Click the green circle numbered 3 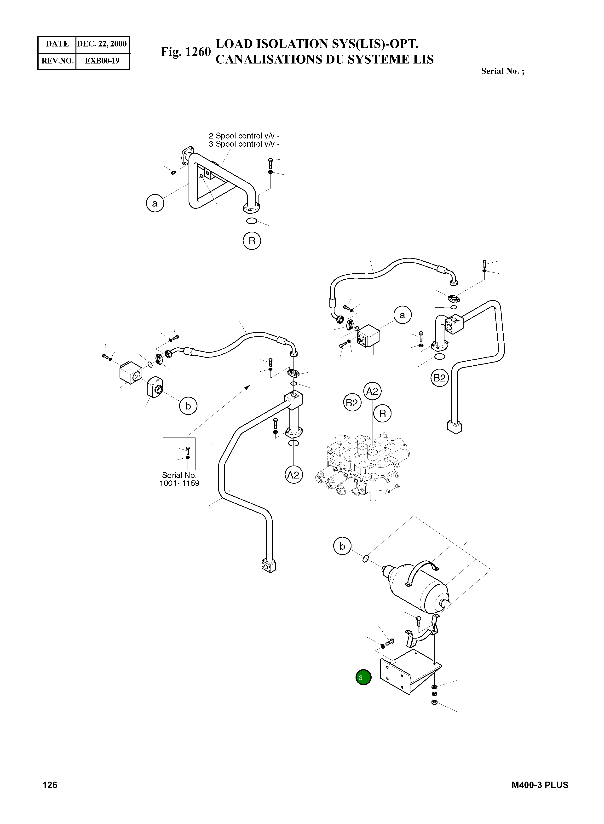click(363, 677)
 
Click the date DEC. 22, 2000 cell click(102, 44)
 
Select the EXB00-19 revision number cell click(102, 61)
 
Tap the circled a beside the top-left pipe click(155, 203)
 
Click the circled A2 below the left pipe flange click(293, 475)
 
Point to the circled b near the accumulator click(342, 546)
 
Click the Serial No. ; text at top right click(503, 71)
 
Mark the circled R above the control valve click(382, 414)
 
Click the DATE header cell click(57, 44)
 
